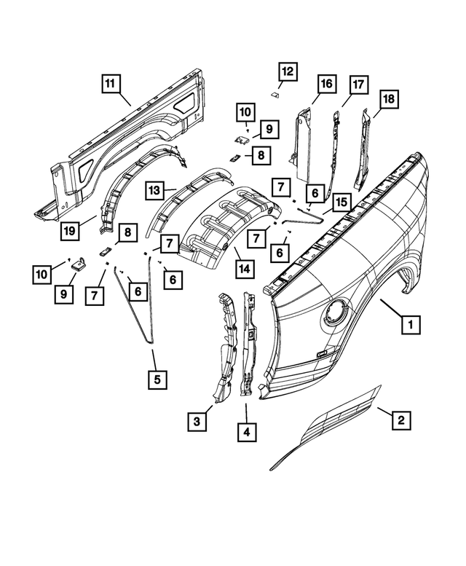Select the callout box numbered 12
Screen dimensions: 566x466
coord(288,71)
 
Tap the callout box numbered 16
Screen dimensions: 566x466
coord(325,85)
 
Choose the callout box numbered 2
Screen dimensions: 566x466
coord(399,420)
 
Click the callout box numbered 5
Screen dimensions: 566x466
coord(156,379)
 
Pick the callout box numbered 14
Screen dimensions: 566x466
coord(245,269)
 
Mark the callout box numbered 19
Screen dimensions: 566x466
coord(68,232)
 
